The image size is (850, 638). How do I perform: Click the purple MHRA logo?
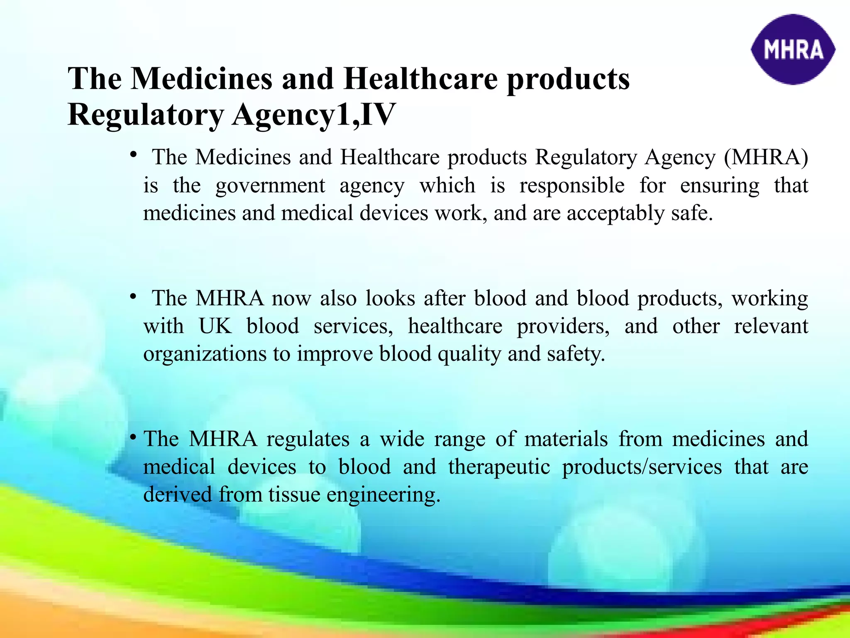point(793,50)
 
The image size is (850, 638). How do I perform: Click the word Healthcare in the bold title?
point(420,79)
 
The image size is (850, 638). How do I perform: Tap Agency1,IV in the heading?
point(313,115)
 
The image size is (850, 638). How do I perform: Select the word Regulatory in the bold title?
point(146,115)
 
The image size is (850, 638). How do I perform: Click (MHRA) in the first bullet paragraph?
point(766,157)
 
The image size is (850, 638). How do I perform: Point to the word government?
point(270,186)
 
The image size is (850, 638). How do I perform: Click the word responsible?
point(572,185)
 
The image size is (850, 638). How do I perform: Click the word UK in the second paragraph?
point(215,326)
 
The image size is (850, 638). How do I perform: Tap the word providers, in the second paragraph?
point(563,326)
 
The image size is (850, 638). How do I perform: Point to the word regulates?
point(308,439)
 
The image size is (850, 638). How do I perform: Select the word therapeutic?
point(499,467)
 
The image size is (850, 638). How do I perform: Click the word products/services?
point(642,467)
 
